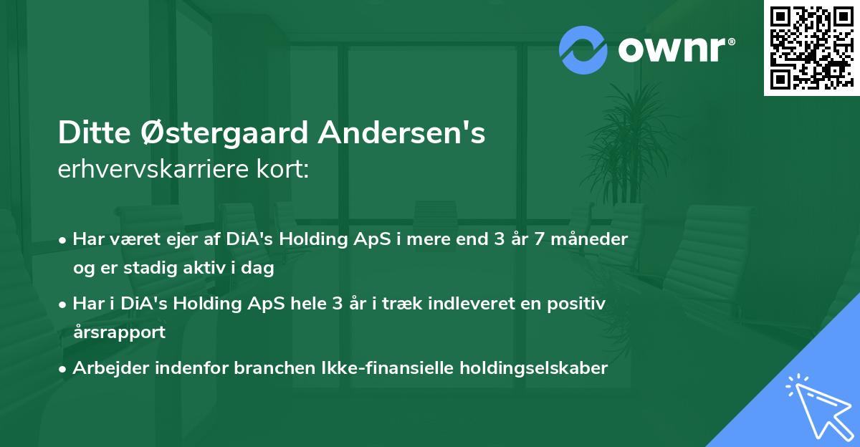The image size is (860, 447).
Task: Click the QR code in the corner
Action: point(811,47)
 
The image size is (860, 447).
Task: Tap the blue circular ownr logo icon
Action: point(583,50)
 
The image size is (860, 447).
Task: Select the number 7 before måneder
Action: point(527,239)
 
